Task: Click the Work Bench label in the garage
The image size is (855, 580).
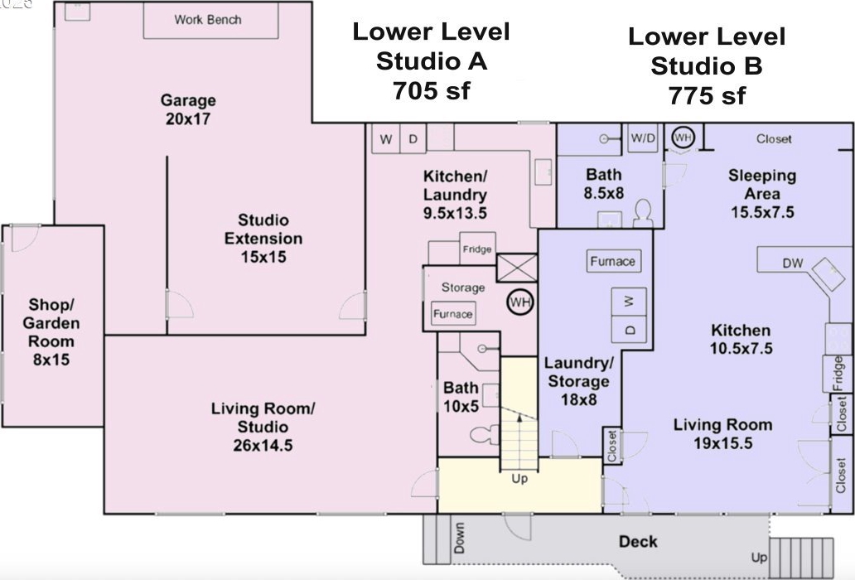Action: point(208,20)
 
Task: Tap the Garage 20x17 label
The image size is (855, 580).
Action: point(188,109)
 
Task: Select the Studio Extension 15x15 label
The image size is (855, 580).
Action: point(263,239)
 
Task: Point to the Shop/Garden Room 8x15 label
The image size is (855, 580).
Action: point(51,331)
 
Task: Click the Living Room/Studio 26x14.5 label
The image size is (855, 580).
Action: point(263,427)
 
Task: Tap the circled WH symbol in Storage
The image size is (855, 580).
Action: point(520,302)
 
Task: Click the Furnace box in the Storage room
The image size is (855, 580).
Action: point(452,314)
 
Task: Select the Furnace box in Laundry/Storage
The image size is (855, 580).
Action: point(613,261)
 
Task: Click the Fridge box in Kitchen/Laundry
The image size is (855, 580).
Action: point(477,249)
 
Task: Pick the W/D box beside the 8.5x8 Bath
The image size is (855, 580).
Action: point(643,138)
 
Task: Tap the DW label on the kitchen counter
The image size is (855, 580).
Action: point(793,263)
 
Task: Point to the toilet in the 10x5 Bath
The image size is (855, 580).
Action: point(484,434)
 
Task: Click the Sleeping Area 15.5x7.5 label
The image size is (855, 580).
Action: point(762,194)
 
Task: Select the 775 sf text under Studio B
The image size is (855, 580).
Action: point(708,96)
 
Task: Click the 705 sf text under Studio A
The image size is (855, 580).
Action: point(431,90)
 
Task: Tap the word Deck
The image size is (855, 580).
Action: point(638,542)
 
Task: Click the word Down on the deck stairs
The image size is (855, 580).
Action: point(460,538)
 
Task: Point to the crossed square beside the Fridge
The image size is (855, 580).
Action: point(517,268)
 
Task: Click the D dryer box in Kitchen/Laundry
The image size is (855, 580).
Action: point(413,138)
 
